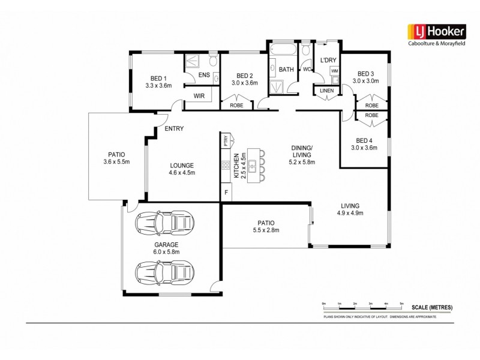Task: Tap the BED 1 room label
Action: [x=158, y=78]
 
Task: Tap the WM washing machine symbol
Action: [x=335, y=71]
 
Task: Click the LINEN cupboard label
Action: [x=326, y=90]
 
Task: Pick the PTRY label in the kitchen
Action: [x=226, y=142]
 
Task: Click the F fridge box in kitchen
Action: [x=226, y=193]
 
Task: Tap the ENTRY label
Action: [x=173, y=128]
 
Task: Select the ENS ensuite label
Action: [x=203, y=75]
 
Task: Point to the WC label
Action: [x=306, y=70]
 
